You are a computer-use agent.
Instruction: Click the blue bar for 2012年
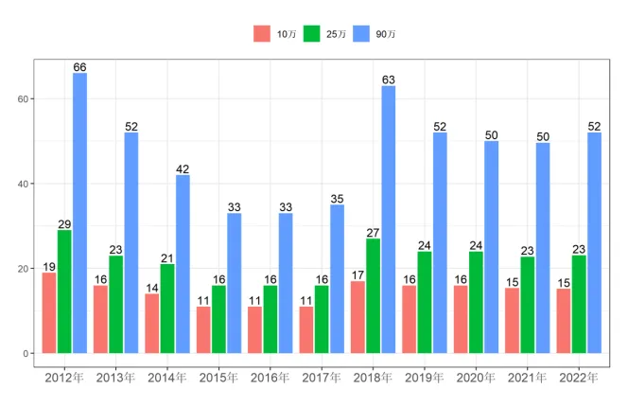click(x=79, y=213)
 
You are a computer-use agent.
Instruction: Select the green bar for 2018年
click(x=373, y=295)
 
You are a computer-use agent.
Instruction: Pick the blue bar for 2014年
click(x=183, y=264)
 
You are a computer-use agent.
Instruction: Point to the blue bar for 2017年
click(x=337, y=278)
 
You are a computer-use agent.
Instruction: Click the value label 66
click(x=79, y=67)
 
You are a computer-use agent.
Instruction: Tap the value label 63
click(x=389, y=80)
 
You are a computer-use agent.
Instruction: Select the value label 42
click(x=183, y=168)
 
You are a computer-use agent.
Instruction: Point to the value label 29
click(x=64, y=224)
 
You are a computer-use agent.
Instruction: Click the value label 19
click(x=48, y=267)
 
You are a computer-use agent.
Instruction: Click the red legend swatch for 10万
click(x=261, y=34)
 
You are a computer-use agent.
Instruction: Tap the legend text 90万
click(x=385, y=35)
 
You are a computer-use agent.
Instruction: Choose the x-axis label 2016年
click(x=270, y=379)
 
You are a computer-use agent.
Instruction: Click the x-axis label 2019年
click(x=425, y=379)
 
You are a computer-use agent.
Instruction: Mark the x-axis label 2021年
click(x=528, y=379)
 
